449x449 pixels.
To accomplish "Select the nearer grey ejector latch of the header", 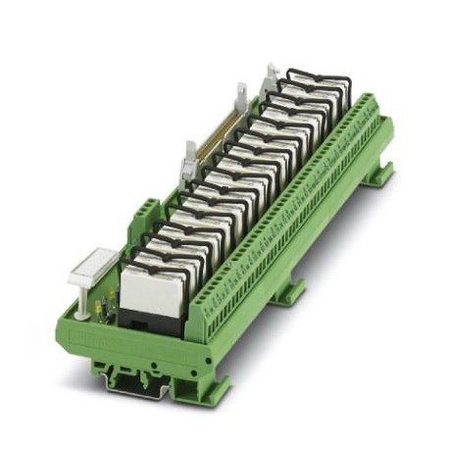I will [188, 157].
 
